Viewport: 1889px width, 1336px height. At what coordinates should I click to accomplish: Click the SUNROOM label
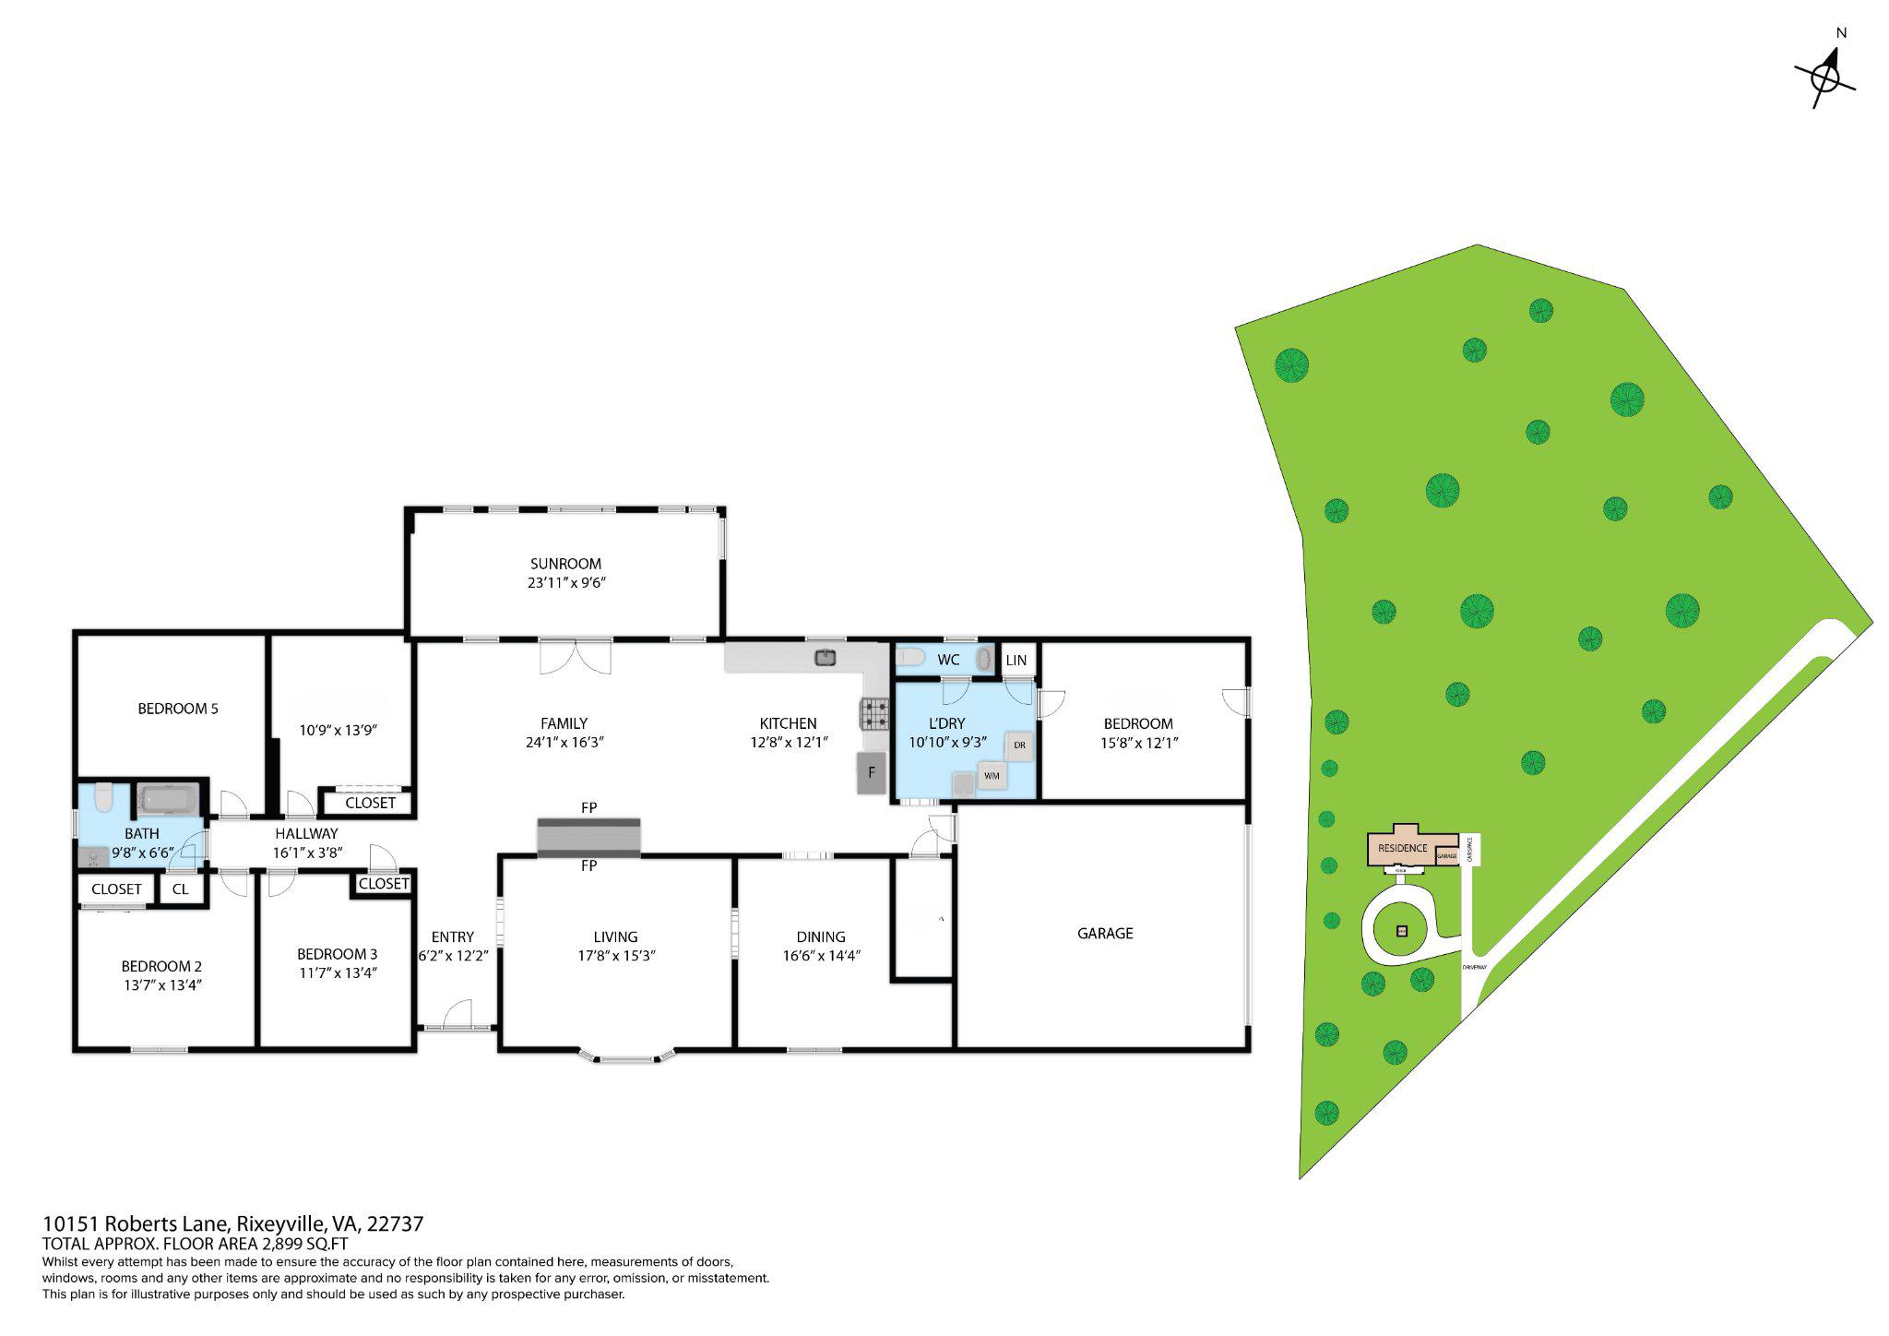[x=564, y=564]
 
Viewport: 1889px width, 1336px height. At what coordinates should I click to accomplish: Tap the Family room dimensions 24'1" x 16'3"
[x=564, y=742]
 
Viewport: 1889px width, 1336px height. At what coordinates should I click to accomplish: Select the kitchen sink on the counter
[x=825, y=657]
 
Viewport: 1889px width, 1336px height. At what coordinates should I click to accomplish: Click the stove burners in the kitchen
[x=874, y=713]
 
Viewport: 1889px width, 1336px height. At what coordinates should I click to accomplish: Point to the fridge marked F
[x=871, y=773]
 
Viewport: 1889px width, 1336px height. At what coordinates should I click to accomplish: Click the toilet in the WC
[x=911, y=658]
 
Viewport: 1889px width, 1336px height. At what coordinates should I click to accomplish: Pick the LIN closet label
[x=1016, y=661]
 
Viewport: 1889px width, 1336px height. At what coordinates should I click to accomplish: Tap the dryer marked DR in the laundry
[x=1018, y=746]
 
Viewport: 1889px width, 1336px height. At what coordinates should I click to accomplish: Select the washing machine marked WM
[x=992, y=776]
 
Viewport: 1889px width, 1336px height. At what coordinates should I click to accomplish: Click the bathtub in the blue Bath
[x=169, y=799]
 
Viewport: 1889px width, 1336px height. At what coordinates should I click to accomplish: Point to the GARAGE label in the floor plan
[x=1104, y=934]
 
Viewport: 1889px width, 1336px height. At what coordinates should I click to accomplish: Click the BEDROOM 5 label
[x=178, y=709]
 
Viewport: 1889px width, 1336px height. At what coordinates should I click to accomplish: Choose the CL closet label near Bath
[x=181, y=889]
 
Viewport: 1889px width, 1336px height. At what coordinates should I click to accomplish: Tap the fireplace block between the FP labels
[x=588, y=836]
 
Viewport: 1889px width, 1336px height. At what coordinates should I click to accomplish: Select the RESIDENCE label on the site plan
[x=1402, y=848]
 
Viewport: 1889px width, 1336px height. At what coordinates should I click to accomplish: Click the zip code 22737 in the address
[x=395, y=1224]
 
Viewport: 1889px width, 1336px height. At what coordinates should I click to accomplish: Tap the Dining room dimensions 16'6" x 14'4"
[x=820, y=956]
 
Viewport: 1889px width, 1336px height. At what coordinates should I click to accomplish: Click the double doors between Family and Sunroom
[x=576, y=657]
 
